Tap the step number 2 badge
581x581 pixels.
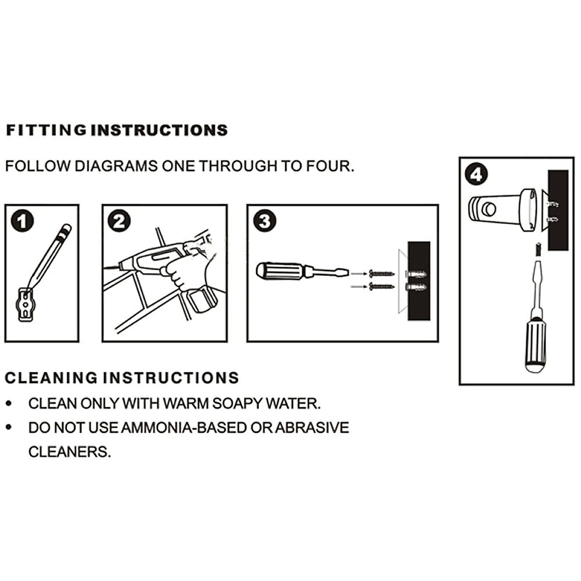pyautogui.click(x=119, y=221)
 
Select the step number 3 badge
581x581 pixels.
pyautogui.click(x=265, y=221)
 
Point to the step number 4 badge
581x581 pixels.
pyautogui.click(x=476, y=174)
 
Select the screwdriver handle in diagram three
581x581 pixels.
pyautogui.click(x=279, y=270)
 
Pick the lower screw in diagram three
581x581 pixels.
pyautogui.click(x=381, y=287)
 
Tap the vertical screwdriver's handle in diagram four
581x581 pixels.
pyautogui.click(x=536, y=344)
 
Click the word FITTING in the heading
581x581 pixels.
pyautogui.click(x=46, y=130)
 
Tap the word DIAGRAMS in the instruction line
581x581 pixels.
pyautogui.click(x=116, y=166)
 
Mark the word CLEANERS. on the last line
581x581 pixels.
pyautogui.click(x=69, y=452)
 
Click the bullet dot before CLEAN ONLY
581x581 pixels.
pyautogui.click(x=9, y=403)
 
